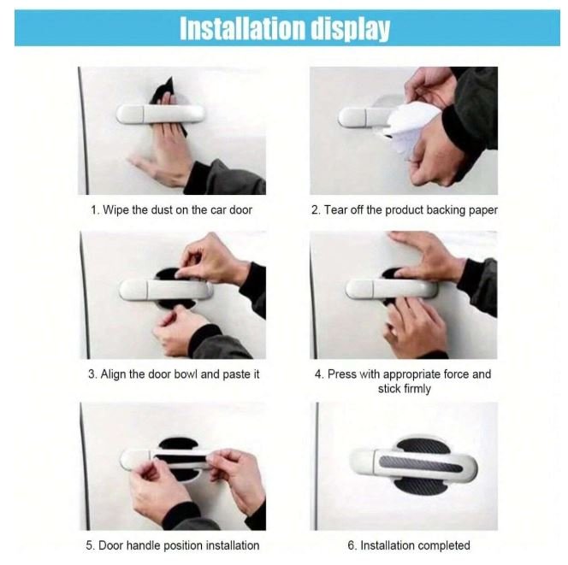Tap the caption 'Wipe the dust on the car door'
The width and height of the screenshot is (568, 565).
point(178,210)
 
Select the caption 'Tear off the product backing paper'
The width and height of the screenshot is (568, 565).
point(411,210)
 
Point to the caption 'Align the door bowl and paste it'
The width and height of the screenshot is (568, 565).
point(180,374)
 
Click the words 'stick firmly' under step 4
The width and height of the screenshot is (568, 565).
point(405,389)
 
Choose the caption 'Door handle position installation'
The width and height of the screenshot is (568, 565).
point(179,545)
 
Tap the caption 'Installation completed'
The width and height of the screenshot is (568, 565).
point(415,545)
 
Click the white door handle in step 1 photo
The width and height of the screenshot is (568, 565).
point(160,114)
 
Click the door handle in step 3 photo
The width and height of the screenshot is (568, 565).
point(166,290)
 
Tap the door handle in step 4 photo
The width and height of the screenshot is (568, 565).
point(391,289)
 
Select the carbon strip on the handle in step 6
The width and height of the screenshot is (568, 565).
point(421,464)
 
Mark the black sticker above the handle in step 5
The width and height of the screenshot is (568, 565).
point(178,444)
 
